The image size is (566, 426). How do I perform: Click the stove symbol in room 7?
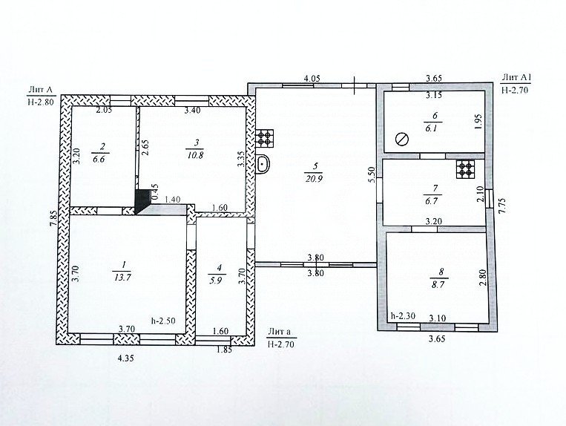pos(465,169)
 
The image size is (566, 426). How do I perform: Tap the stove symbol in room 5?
pos(265,138)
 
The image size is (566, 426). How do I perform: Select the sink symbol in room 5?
pos(263,164)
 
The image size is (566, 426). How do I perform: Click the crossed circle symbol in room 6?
pos(402,139)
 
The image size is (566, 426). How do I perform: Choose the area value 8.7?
pos(439,284)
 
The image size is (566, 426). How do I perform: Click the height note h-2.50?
pos(163,321)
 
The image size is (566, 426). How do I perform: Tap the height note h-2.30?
pos(404,316)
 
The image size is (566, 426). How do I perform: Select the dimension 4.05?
pos(312,78)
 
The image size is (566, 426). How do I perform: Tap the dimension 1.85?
pos(224,350)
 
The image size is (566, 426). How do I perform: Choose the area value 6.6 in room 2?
pos(99,160)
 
